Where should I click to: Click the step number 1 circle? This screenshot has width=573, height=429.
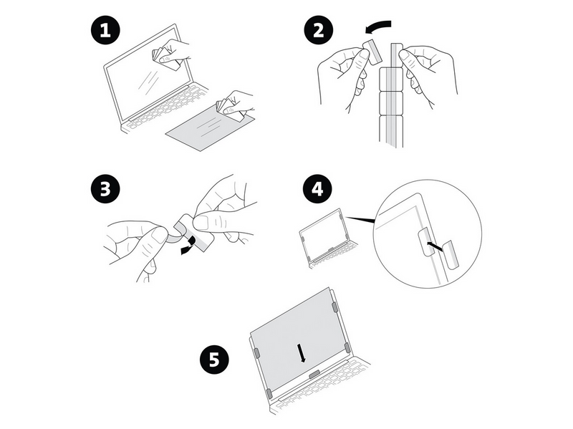105,29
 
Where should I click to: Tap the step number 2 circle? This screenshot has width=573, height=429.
319,29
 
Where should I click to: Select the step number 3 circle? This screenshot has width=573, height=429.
105,189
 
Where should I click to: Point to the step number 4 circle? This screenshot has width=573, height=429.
317,189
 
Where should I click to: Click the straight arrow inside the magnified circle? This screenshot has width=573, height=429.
435,246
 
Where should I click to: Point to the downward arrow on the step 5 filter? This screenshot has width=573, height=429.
302,352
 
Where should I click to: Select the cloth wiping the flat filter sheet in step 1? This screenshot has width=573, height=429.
229,109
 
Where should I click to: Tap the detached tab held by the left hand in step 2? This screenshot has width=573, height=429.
372,52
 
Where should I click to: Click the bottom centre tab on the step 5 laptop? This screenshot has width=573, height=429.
314,374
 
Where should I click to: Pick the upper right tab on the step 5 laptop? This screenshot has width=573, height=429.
334,307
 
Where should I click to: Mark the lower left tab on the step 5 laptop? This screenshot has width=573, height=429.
269,394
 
